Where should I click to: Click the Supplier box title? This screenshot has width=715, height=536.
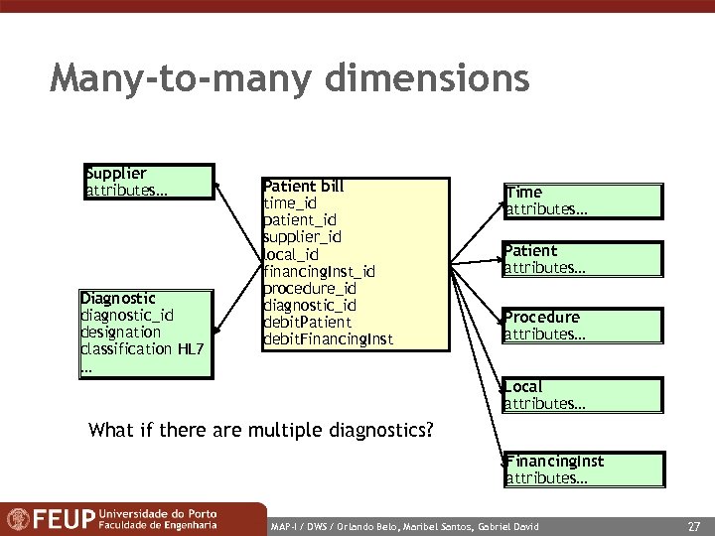[x=116, y=174]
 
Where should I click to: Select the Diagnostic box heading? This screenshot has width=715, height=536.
[x=118, y=298]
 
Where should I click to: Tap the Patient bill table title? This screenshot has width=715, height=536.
[x=303, y=186]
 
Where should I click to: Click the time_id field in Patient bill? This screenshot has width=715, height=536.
[x=289, y=203]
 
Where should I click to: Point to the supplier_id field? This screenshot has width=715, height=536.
[x=302, y=237]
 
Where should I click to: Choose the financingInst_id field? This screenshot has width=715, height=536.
[x=319, y=271]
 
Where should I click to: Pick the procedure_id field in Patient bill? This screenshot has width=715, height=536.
[x=309, y=288]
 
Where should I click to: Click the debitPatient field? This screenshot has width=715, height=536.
[x=307, y=322]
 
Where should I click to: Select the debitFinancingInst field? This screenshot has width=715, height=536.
[x=328, y=339]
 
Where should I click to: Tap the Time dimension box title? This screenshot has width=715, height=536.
[x=523, y=193]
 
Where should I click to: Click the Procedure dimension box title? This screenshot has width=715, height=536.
[x=542, y=318]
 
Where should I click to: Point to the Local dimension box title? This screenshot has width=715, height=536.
[x=523, y=386]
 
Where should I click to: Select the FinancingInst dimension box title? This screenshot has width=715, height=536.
[x=555, y=462]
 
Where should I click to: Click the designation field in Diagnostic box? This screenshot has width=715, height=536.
[x=120, y=333]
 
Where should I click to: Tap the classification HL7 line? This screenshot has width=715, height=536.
[x=140, y=349]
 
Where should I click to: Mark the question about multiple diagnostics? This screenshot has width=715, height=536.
[x=261, y=430]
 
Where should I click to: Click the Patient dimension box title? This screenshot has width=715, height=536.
[x=530, y=251]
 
